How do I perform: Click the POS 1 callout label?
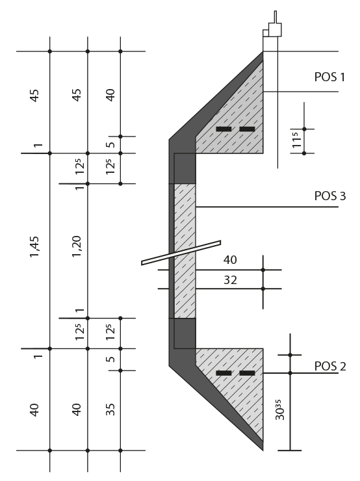point(329,77)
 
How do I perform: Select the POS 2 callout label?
point(330,366)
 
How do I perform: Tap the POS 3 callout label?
point(330,196)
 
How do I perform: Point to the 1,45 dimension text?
point(34,246)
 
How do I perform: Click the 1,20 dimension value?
point(77,246)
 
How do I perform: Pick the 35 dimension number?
point(110,409)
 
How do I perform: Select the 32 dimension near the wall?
point(230,279)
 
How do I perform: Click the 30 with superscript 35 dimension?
point(279,409)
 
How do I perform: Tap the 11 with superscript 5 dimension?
point(296,140)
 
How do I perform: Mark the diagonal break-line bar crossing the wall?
point(181,253)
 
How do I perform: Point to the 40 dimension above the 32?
point(230,260)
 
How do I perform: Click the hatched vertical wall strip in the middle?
point(185,251)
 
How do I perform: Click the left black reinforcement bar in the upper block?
point(224,129)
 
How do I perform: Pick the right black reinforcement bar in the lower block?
point(247,373)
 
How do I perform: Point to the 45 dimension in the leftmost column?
point(34,95)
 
